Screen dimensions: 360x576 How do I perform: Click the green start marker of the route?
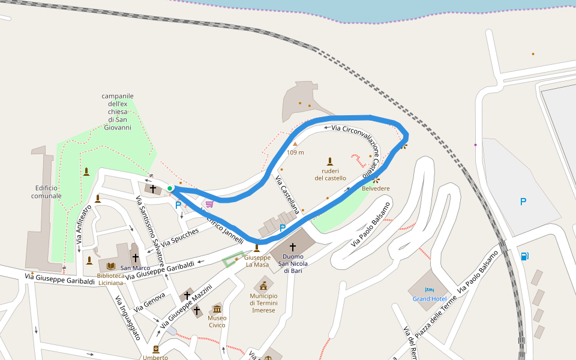click(x=170, y=188)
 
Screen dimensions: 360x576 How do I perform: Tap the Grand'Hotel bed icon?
click(x=429, y=290)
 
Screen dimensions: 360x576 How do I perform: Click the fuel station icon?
click(x=525, y=256)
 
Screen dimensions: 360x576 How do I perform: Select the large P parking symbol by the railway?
click(x=523, y=202)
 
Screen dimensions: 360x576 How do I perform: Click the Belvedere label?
click(x=376, y=188)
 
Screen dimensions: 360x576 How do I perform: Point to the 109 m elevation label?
click(x=295, y=152)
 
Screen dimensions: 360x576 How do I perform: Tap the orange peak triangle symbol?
click(x=295, y=144)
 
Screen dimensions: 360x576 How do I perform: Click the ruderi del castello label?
click(x=330, y=174)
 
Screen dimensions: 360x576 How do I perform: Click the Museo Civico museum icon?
click(x=217, y=308)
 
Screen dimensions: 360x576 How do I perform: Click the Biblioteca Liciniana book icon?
click(x=110, y=266)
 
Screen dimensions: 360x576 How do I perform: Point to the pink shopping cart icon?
click(x=209, y=204)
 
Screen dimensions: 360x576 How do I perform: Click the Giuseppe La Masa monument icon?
click(x=257, y=248)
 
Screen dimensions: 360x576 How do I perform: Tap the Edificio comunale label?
click(x=46, y=192)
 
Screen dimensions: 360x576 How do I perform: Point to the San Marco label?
click(x=135, y=268)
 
